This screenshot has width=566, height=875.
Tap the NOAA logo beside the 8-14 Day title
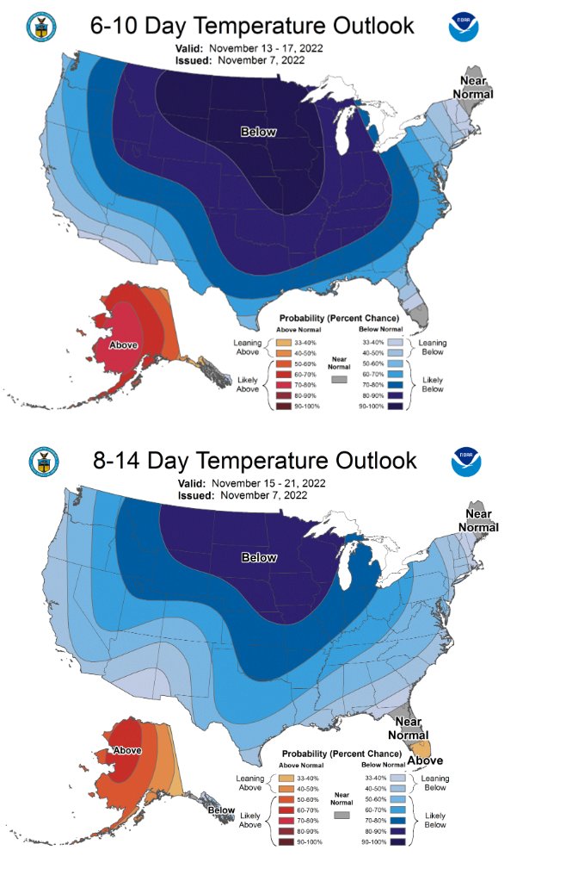point(467,462)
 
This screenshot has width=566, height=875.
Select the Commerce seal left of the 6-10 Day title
point(40,28)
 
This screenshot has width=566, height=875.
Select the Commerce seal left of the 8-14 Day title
point(44,462)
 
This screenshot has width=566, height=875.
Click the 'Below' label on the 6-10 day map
point(258,131)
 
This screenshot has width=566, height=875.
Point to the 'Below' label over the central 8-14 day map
point(259,557)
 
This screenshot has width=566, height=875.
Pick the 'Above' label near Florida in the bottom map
point(425,760)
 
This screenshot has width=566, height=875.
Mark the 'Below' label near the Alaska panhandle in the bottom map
point(221,810)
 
